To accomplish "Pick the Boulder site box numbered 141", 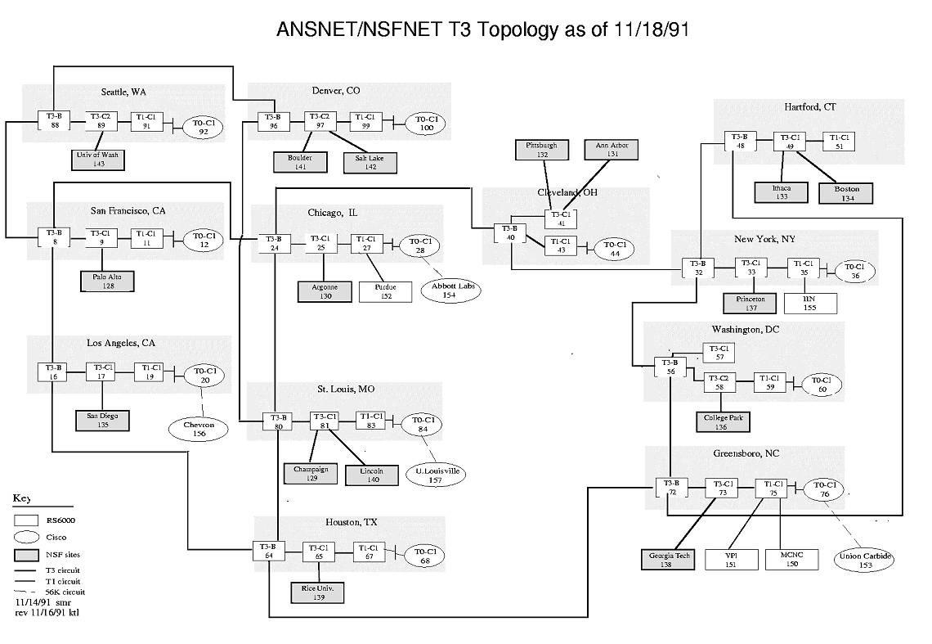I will [300, 162].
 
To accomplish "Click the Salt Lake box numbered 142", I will [370, 162].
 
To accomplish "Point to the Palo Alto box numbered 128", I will [106, 281].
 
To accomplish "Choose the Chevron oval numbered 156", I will [199, 429].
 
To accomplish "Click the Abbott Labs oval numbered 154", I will [449, 290].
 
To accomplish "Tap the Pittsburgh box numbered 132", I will [541, 149].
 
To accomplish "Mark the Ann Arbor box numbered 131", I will [613, 149].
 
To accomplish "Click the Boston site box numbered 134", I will [847, 193].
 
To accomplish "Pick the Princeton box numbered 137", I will [751, 304].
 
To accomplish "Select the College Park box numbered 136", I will [721, 422].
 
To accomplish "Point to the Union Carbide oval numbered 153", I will [867, 561].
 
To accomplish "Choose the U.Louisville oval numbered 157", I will [434, 475].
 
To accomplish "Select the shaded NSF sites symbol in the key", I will [27, 555].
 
